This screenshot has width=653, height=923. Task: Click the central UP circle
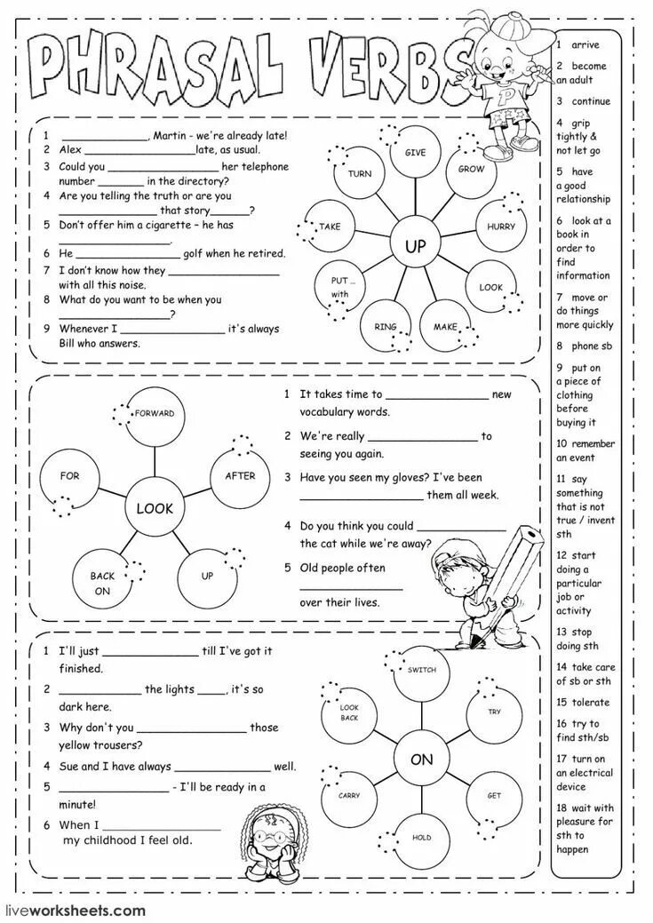(x=416, y=246)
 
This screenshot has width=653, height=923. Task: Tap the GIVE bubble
(x=415, y=155)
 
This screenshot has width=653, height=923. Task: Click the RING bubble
(x=385, y=328)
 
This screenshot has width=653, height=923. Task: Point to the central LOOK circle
(x=155, y=509)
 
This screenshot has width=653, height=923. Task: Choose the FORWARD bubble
(x=154, y=416)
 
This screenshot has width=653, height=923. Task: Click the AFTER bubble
(x=239, y=478)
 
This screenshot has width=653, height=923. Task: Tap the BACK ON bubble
(x=102, y=582)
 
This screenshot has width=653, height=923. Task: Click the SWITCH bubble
(x=421, y=672)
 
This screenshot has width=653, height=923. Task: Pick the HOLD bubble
(x=421, y=838)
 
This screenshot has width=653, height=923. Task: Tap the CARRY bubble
(x=348, y=795)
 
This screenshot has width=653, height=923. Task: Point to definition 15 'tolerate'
(x=584, y=703)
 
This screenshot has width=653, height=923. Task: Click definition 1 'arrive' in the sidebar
(x=584, y=44)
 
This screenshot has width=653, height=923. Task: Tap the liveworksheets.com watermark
(x=75, y=910)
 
